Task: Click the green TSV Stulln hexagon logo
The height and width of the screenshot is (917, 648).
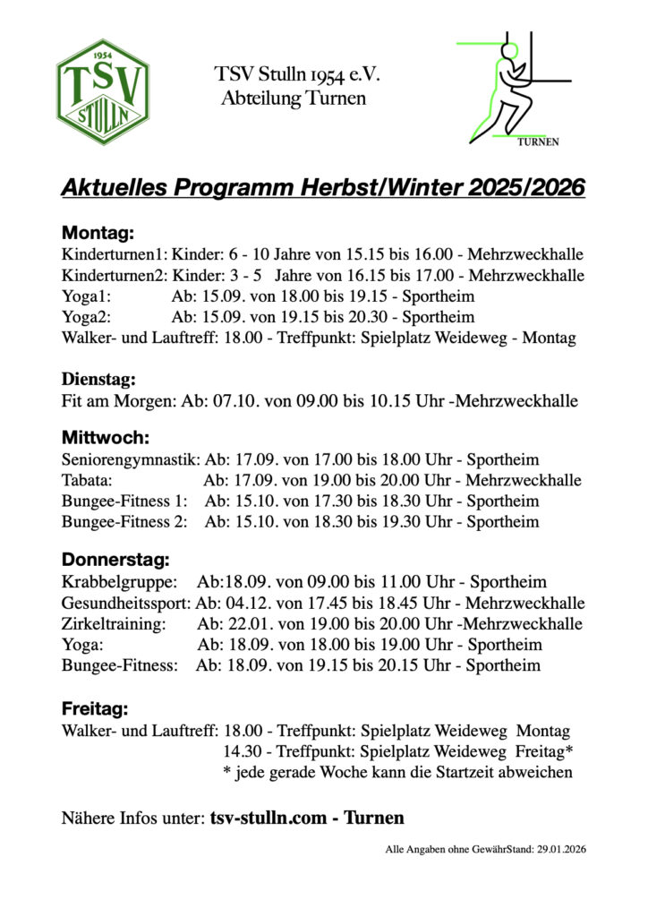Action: (x=103, y=92)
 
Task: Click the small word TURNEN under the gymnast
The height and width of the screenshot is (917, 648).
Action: (x=538, y=141)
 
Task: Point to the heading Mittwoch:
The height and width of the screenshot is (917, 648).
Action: (x=104, y=439)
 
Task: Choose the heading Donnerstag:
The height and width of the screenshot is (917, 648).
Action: (x=115, y=561)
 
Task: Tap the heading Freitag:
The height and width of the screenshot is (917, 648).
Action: (x=95, y=709)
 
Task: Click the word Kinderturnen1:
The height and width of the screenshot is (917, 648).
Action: (x=115, y=255)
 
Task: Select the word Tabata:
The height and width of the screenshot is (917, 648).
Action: (x=86, y=481)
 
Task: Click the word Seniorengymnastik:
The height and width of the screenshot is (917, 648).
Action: (x=131, y=460)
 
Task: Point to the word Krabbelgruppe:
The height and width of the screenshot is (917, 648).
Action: (x=119, y=582)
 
